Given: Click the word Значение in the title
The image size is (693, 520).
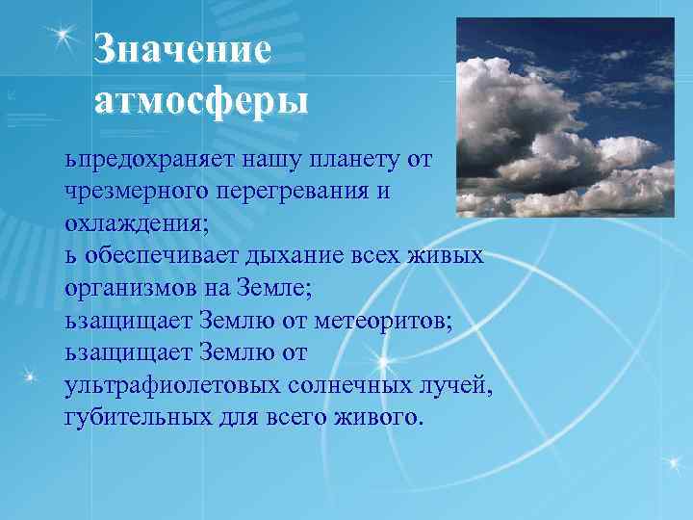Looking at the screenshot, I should click(183, 50).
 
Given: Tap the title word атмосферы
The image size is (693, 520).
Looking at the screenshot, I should click(201, 99).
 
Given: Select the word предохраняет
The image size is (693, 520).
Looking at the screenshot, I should click(154, 158).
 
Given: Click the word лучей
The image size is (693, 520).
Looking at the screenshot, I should click(459, 387).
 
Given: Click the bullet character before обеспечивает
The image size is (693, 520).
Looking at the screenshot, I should click(69, 257).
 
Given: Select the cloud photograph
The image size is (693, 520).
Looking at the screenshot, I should click(564, 117).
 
